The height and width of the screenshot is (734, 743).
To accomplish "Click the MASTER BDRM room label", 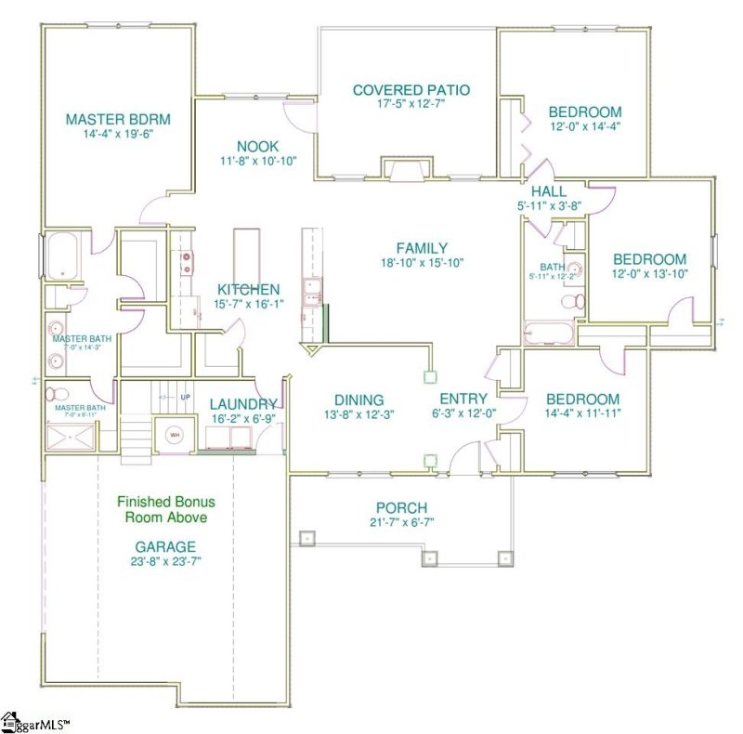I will pyautogui.click(x=118, y=119).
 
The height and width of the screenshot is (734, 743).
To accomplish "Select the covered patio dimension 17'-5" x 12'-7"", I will pyautogui.click(x=411, y=104).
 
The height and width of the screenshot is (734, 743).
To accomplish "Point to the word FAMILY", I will pyautogui.click(x=422, y=248).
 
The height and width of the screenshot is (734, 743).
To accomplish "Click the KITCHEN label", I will pyautogui.click(x=249, y=289).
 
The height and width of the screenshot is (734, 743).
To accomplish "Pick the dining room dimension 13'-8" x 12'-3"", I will pyautogui.click(x=334, y=415).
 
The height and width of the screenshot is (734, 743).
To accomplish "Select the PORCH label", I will pyautogui.click(x=401, y=507).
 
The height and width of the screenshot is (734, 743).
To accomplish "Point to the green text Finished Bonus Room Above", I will pyautogui.click(x=163, y=508).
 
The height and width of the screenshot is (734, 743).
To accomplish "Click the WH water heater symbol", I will pyautogui.click(x=173, y=435).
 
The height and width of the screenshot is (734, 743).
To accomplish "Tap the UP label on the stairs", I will pyautogui.click(x=185, y=398).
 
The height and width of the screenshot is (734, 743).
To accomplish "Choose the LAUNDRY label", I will pyautogui.click(x=242, y=403).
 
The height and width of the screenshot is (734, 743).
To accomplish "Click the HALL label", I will pyautogui.click(x=548, y=191).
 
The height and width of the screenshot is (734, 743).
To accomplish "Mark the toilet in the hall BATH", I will pyautogui.click(x=576, y=301).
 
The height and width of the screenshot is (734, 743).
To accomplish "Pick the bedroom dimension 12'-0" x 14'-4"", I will pyautogui.click(x=584, y=126).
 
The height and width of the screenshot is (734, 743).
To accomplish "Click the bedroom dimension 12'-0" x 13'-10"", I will pyautogui.click(x=650, y=274).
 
